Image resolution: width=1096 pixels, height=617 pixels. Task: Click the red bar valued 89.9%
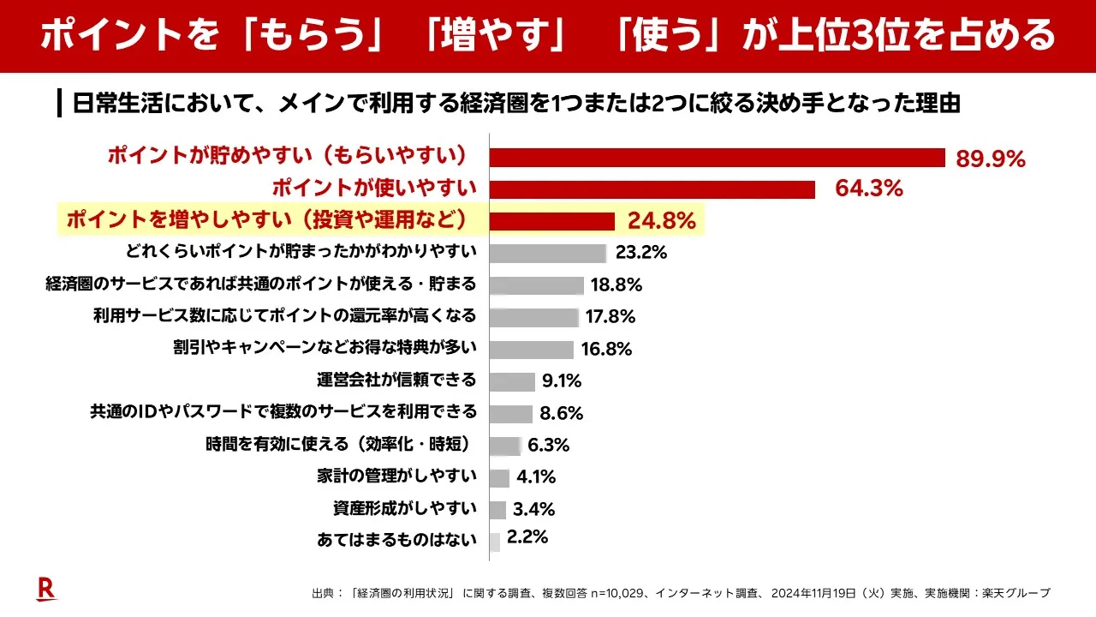tap(717, 158)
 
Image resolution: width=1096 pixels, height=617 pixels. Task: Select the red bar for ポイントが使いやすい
tap(652, 189)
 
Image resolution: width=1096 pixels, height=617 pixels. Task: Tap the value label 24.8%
tap(661, 221)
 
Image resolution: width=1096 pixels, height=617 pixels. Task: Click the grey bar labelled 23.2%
tap(548, 253)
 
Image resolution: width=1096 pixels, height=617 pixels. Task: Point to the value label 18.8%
tap(613, 285)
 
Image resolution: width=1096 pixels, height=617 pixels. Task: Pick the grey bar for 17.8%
tap(534, 317)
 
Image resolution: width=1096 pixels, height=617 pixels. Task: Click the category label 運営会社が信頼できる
tap(396, 380)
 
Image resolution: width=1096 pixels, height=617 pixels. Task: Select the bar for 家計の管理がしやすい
tap(499, 477)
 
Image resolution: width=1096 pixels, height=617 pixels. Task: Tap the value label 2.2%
tap(527, 538)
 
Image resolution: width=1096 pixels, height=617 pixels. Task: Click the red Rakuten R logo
tap(45, 589)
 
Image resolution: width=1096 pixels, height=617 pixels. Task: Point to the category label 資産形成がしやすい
tap(404, 508)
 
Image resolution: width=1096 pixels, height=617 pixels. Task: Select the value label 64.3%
tap(869, 189)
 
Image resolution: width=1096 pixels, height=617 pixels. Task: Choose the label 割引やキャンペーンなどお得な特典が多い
tap(325, 348)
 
